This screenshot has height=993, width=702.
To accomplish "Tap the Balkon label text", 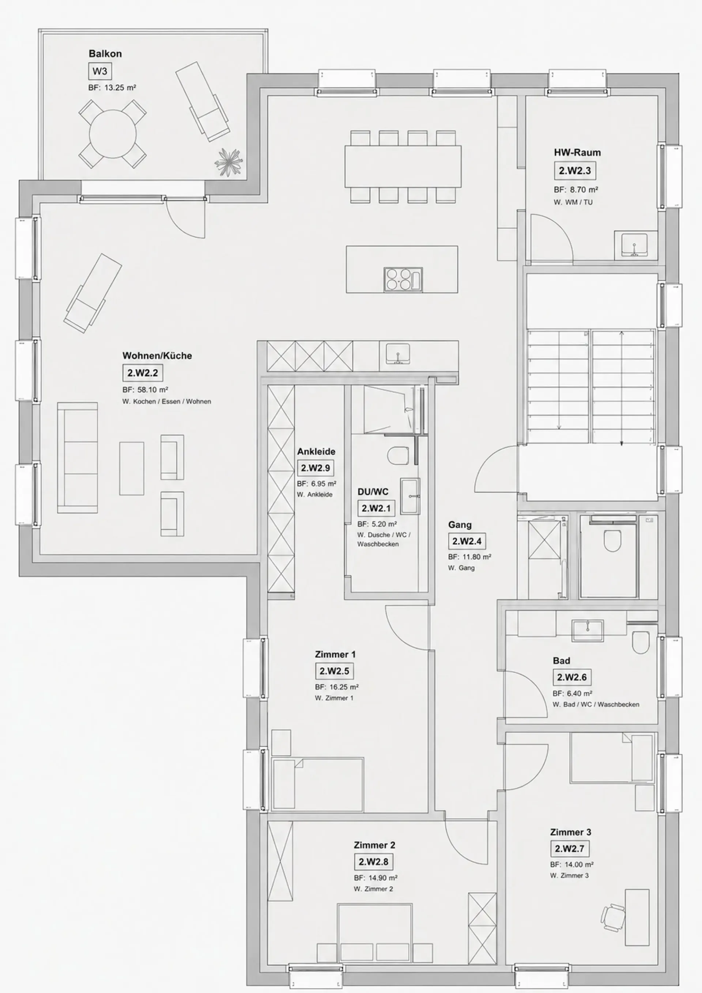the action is pyautogui.click(x=105, y=54).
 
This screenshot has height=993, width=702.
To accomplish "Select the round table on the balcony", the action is pyautogui.click(x=113, y=134).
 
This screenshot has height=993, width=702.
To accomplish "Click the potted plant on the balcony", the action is pyautogui.click(x=229, y=162).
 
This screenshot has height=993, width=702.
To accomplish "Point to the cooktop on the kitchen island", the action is pyautogui.click(x=403, y=279).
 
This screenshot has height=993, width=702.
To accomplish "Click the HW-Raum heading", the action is pyautogui.click(x=577, y=153).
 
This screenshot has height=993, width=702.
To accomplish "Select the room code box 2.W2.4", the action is pyautogui.click(x=467, y=541).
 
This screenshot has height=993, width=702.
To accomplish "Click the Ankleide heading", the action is pyautogui.click(x=316, y=452).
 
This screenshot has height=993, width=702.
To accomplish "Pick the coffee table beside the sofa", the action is pyautogui.click(x=132, y=468).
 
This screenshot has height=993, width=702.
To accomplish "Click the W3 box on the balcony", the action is pyautogui.click(x=99, y=71).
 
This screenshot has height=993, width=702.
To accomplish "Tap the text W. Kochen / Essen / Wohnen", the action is pyautogui.click(x=167, y=402).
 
